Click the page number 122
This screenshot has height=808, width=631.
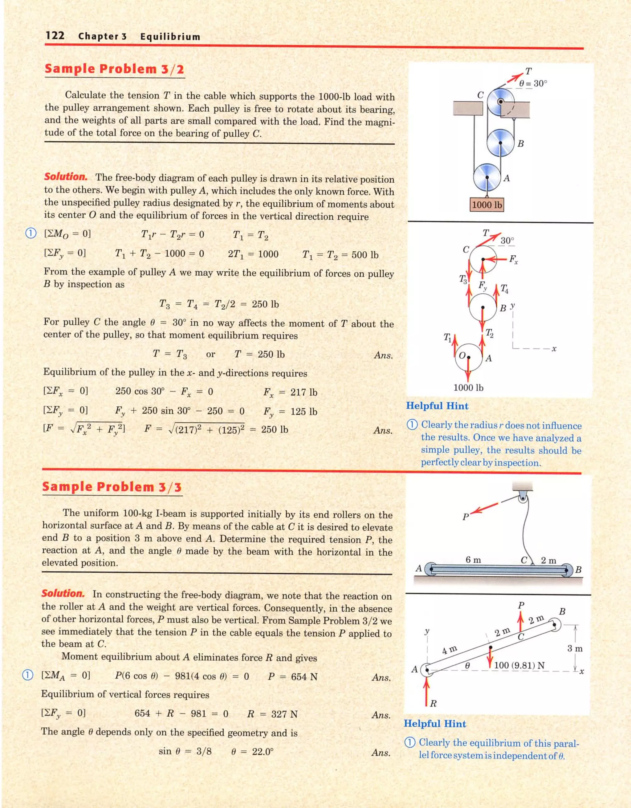(x=55, y=35)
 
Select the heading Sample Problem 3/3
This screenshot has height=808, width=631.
(x=112, y=487)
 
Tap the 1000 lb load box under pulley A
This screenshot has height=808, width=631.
(x=487, y=205)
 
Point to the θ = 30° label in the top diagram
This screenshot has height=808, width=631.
(x=533, y=83)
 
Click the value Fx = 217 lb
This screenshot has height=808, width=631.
(x=290, y=392)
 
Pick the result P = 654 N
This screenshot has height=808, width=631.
(x=292, y=677)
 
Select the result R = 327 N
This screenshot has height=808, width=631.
(x=272, y=714)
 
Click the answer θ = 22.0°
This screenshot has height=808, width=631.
(x=252, y=752)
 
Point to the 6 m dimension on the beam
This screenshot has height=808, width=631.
(x=473, y=560)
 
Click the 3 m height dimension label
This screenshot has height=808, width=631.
(x=575, y=648)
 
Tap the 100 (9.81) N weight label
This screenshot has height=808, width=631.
(x=519, y=665)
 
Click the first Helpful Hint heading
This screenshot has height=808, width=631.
(x=437, y=406)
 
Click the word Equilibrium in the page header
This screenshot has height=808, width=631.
(x=170, y=37)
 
